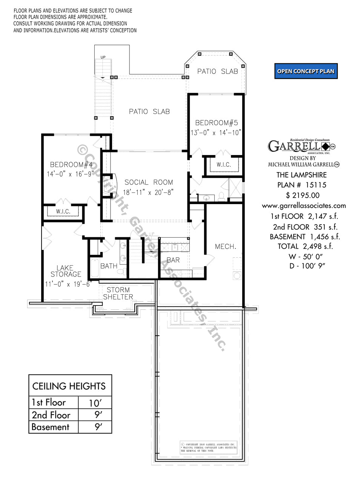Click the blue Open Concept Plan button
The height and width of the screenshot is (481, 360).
click(306, 71)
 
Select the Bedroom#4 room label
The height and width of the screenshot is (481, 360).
click(71, 164)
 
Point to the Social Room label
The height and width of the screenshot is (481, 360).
click(149, 182)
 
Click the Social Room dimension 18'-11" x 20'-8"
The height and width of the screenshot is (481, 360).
click(148, 192)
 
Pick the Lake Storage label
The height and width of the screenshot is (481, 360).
click(66, 271)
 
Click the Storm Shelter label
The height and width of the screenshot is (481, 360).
click(118, 293)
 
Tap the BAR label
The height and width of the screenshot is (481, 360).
click(173, 260)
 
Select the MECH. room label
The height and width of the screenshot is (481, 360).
click(225, 246)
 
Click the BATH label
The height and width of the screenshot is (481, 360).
click(109, 266)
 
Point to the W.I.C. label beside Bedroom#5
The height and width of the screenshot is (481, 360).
click(223, 165)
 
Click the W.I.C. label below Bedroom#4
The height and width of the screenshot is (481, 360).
click(63, 211)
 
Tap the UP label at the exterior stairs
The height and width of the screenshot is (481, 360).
click(103, 57)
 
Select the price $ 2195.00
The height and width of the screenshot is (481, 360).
click(303, 195)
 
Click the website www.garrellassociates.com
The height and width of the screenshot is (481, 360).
click(304, 206)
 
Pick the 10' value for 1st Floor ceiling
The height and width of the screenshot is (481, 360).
click(95, 403)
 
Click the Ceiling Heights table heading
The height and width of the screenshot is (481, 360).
click(69, 386)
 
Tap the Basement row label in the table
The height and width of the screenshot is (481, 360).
click(51, 427)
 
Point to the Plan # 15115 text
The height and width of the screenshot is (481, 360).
click(302, 185)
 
